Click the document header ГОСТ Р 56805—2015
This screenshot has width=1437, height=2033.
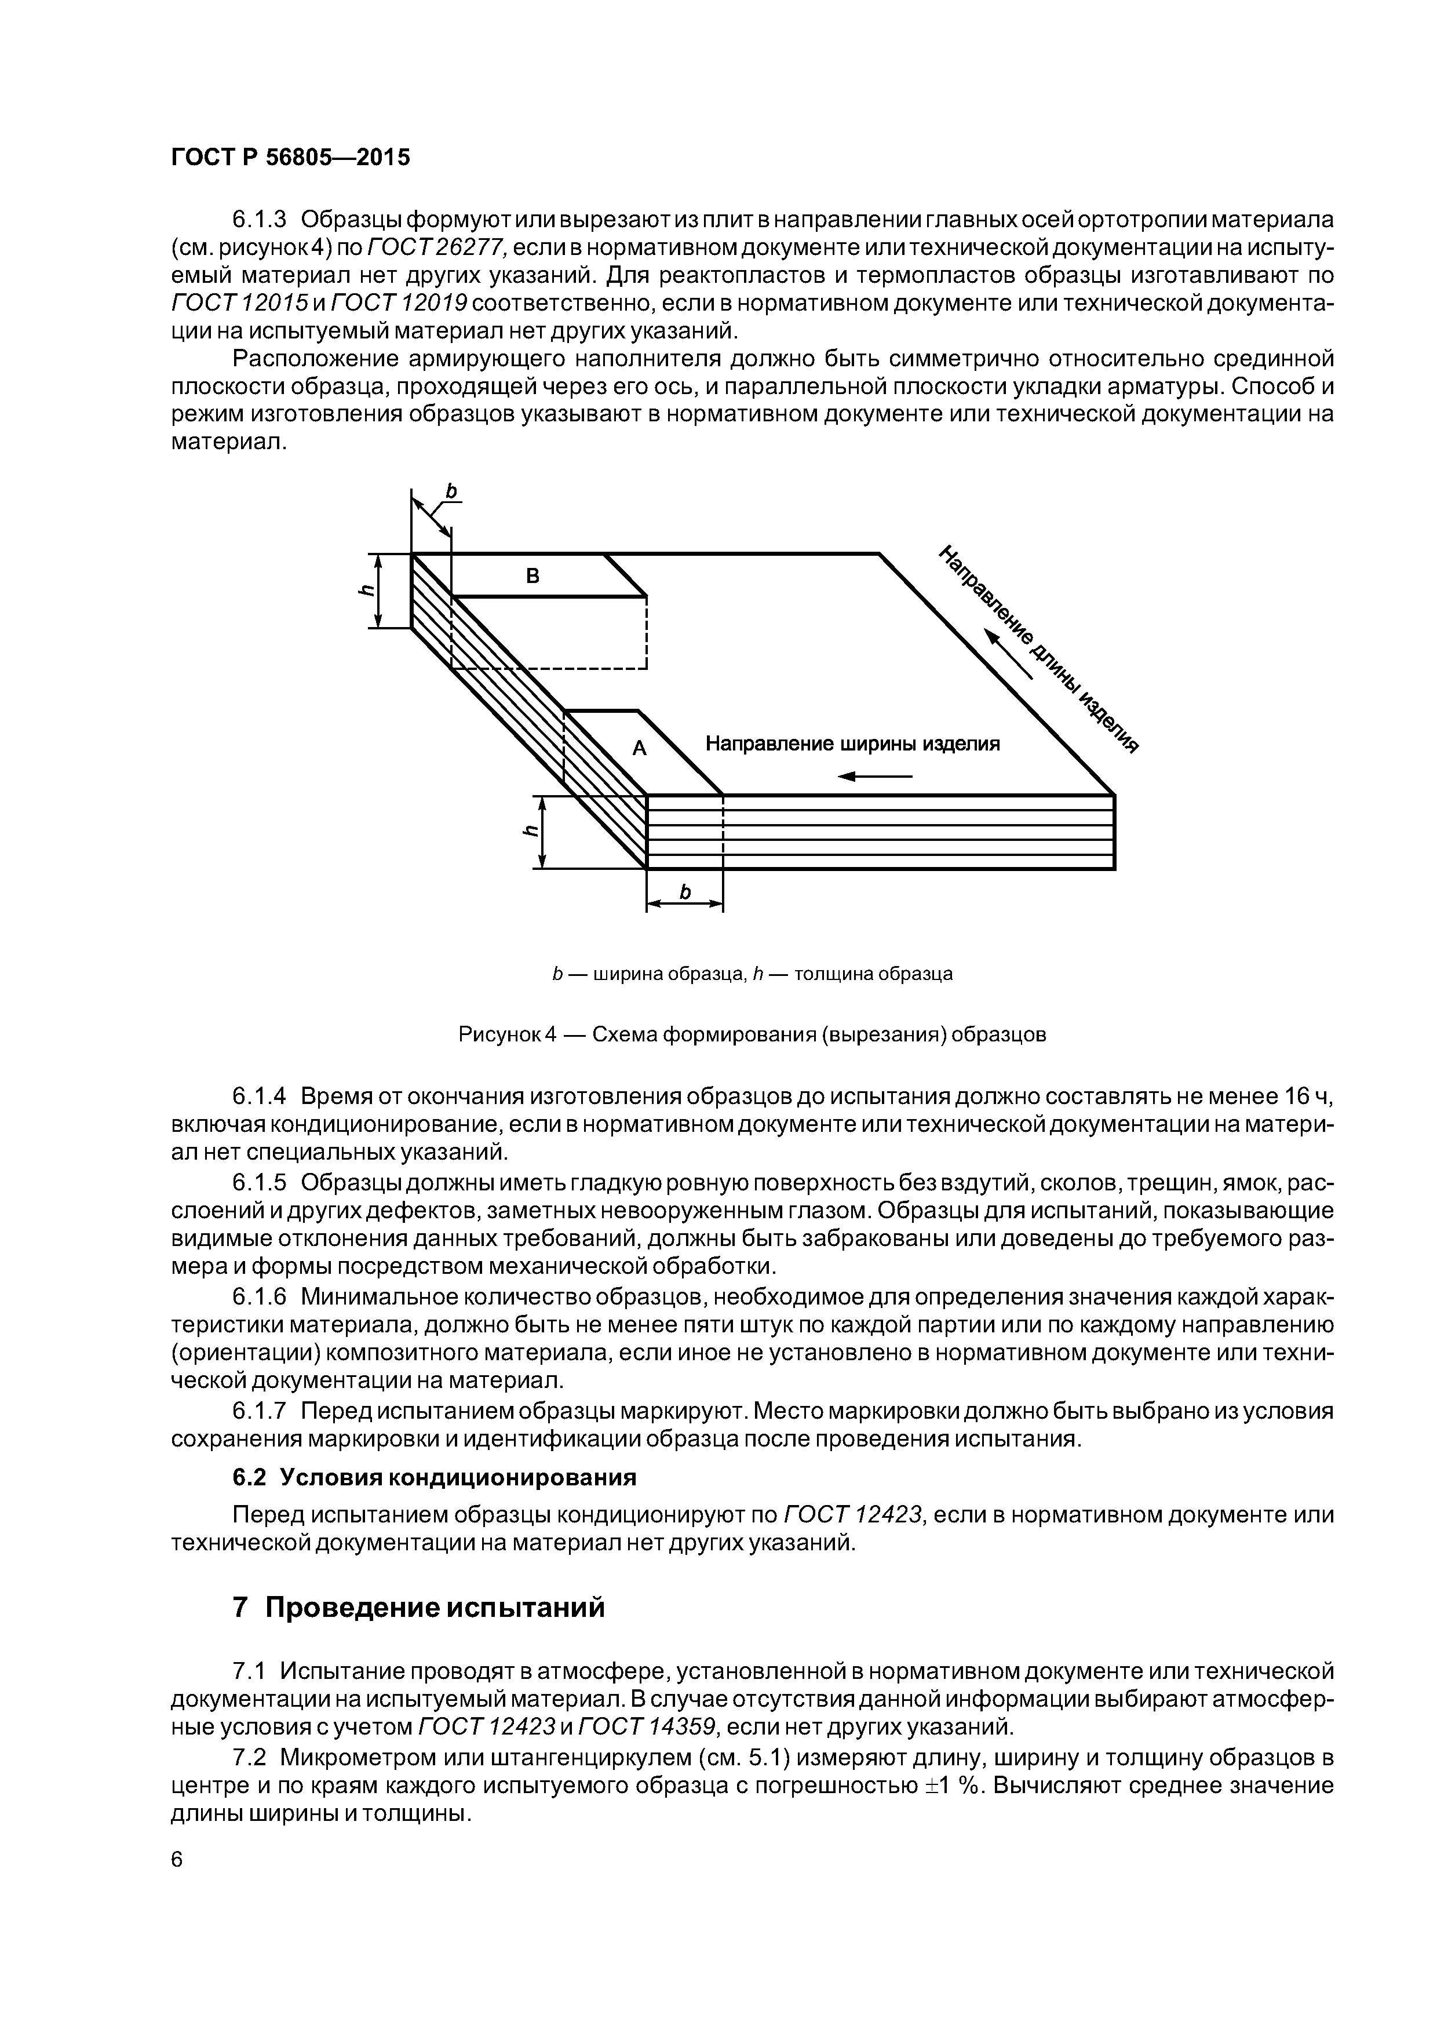coord(290,158)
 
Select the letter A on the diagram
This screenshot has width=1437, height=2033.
coord(639,749)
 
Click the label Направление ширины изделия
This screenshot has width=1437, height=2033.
coord(852,744)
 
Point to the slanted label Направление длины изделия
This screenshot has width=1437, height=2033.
coord(1038,648)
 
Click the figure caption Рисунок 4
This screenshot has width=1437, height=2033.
coord(506,1034)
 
